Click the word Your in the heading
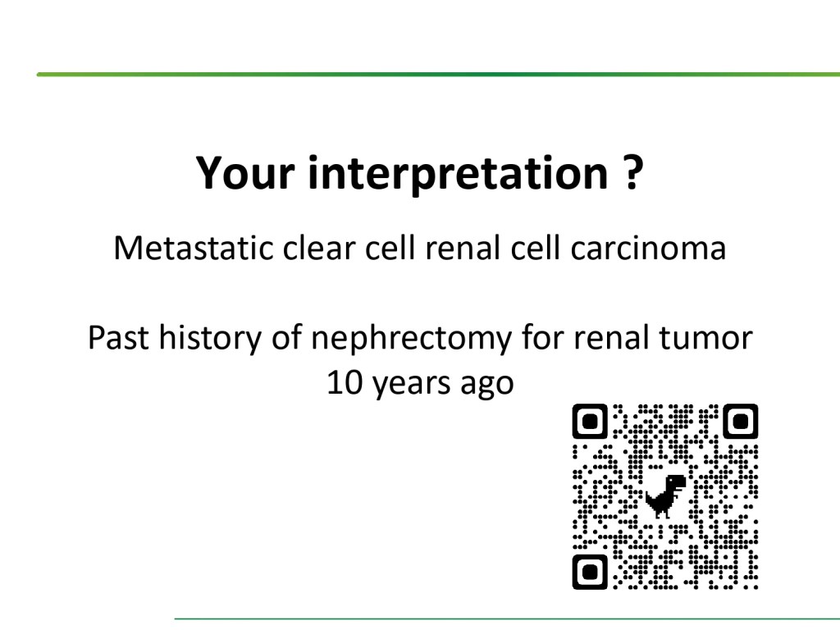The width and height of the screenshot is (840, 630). pos(244,173)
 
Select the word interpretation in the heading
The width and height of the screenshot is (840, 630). pos(458,172)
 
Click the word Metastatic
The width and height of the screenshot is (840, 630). pos(194,248)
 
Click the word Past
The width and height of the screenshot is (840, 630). pos(118,338)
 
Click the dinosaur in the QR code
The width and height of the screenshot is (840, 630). pos(666,496)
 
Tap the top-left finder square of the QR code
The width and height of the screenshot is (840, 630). pos(590,422)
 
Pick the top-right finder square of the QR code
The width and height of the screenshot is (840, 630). pos(741,422)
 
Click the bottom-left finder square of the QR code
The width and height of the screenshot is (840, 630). pos(590,572)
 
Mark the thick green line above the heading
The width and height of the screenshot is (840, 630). pos(438,75)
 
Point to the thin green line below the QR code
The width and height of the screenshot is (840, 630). pos(507,619)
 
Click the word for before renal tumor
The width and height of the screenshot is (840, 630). pos(542,338)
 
